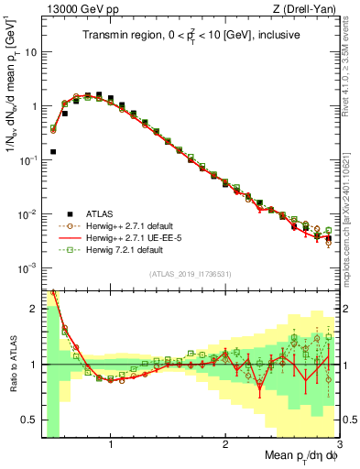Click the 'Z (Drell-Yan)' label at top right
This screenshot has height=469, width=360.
pos(309,8)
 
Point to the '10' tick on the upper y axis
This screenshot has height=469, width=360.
pos(31,52)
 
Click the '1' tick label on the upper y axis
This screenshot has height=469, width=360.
pos(34,106)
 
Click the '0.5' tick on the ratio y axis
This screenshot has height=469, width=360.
pos(29,420)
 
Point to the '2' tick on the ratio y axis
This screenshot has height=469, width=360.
pos(34,309)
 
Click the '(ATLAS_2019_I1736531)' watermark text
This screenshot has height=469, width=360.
pos(191,275)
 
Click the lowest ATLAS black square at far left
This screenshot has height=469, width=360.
pos(53,151)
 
